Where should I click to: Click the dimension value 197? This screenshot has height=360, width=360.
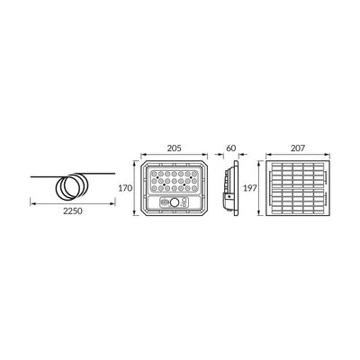(252, 189)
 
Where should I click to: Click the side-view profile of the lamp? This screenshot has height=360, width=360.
(229, 189)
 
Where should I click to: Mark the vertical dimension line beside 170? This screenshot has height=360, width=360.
(135, 188)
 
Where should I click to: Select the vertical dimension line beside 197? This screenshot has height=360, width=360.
(260, 189)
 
